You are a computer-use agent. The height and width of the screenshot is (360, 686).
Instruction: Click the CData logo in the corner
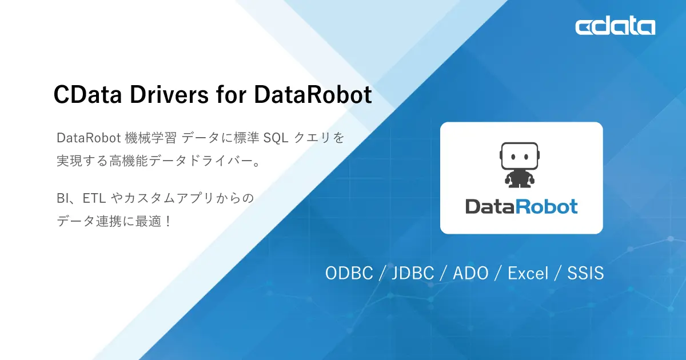click(x=615, y=26)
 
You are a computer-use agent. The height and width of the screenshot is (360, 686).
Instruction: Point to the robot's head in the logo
click(x=520, y=156)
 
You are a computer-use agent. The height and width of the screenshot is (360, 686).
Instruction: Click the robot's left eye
click(x=513, y=155)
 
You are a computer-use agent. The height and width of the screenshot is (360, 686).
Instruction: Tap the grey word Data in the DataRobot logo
click(x=489, y=206)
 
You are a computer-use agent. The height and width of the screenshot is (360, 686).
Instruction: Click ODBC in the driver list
click(x=349, y=273)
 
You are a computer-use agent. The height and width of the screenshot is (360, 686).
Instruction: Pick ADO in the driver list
click(x=470, y=273)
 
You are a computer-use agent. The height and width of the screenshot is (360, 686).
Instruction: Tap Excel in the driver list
click(x=528, y=273)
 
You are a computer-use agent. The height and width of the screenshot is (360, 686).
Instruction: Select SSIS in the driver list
click(x=585, y=273)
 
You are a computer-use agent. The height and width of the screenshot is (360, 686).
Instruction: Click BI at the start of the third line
click(x=63, y=199)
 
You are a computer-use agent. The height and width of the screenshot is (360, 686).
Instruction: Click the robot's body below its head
click(x=520, y=178)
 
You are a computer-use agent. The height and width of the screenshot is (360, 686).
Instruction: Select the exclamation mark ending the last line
click(x=167, y=222)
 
